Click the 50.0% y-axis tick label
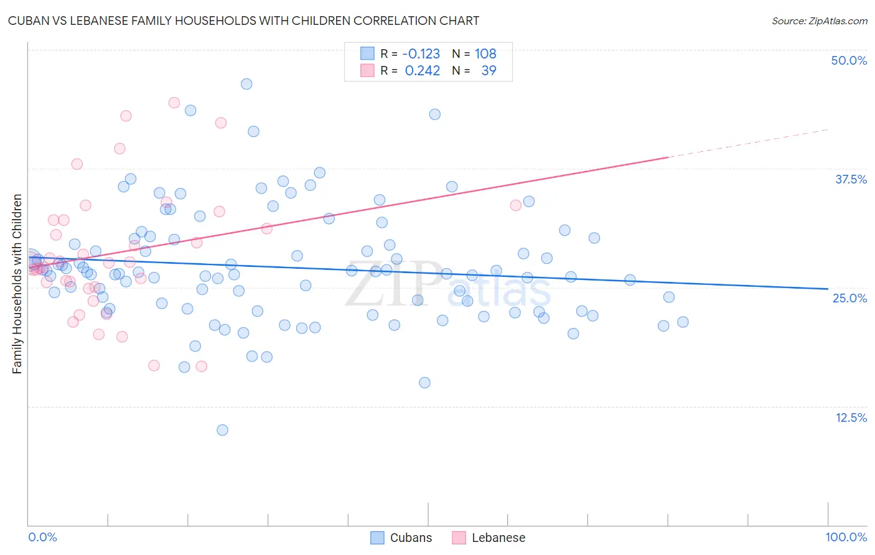(x=848, y=60)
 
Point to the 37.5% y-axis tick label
(x=850, y=179)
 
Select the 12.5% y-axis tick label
(x=850, y=417)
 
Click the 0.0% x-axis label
(x=42, y=537)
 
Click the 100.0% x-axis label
(x=846, y=537)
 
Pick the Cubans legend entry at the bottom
(x=401, y=538)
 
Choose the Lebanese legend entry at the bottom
(x=489, y=538)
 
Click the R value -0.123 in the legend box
(x=421, y=54)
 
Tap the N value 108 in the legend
(x=485, y=54)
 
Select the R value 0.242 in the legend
(x=423, y=71)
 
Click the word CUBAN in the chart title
(x=27, y=21)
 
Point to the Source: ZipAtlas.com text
(x=819, y=21)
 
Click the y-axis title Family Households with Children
(x=17, y=284)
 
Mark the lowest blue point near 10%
(x=222, y=430)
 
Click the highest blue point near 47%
(x=246, y=84)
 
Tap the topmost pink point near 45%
(x=174, y=103)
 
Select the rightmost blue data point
(x=683, y=322)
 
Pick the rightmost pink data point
(x=515, y=205)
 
